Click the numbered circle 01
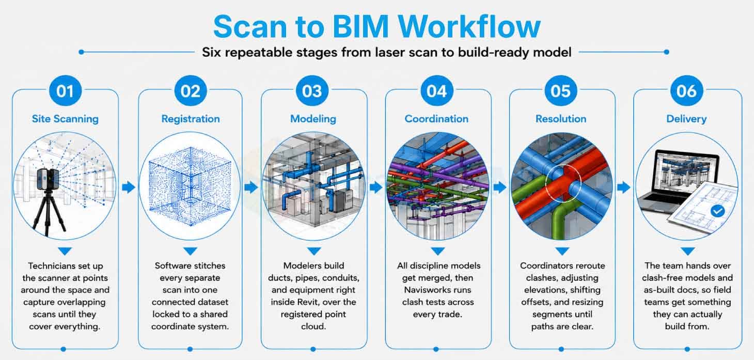tap(65, 90)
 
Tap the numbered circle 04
tap(436, 90)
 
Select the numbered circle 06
tap(687, 90)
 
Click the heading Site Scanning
tap(65, 119)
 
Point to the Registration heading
tap(191, 119)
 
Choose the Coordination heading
tap(436, 119)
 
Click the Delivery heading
tap(687, 119)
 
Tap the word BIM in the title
tap(360, 27)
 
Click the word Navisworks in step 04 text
tap(437, 290)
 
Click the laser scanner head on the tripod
tap(48, 179)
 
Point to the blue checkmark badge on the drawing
tap(718, 211)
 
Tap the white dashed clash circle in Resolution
tap(563, 183)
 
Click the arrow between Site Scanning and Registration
tap(129, 187)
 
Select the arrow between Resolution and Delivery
tap(624, 187)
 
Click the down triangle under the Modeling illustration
tap(314, 251)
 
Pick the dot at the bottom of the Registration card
tap(190, 349)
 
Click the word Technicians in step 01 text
tap(52, 265)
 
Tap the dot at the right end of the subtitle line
tap(667, 52)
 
